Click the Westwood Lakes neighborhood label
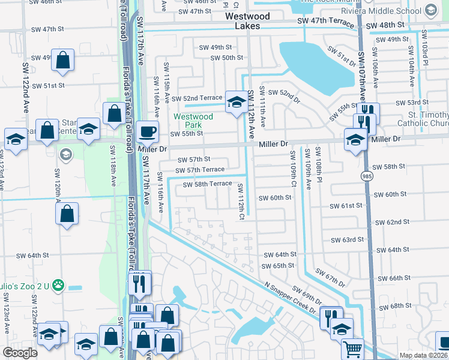pyautogui.click(x=247, y=21)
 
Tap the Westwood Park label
pyautogui.click(x=193, y=121)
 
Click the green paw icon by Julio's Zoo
pyautogui.click(x=58, y=284)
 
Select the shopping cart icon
pyautogui.click(x=352, y=349)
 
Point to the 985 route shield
pyautogui.click(x=366, y=176)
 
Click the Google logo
pyautogui.click(x=20, y=353)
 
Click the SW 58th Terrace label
pyautogui.click(x=203, y=184)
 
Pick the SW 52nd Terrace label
pyautogui.click(x=196, y=98)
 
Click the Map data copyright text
pyautogui.click(x=422, y=355)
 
